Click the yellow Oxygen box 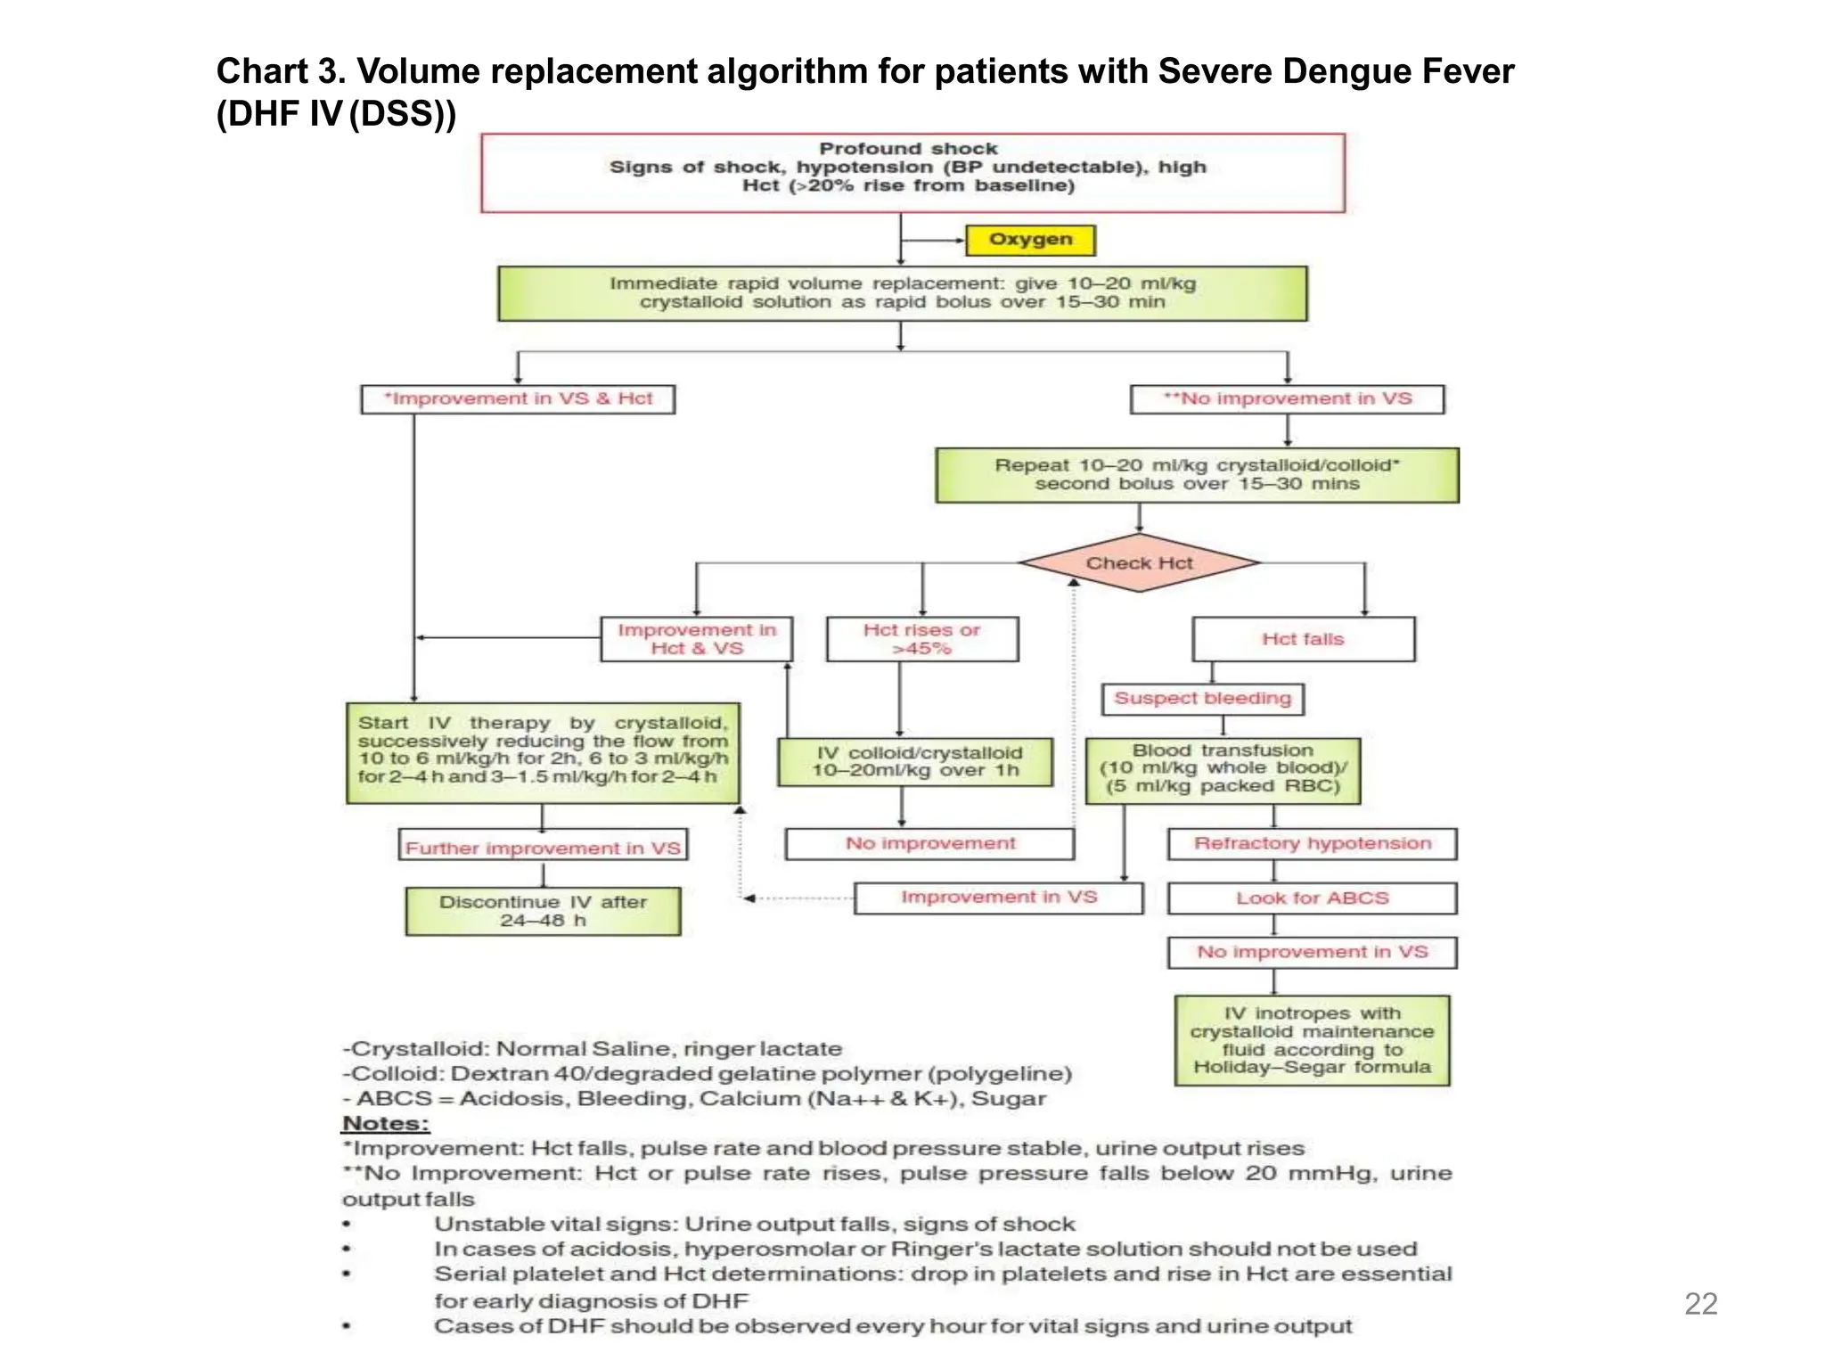[x=1030, y=240]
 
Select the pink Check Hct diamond [x=1139, y=563]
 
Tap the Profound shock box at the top [x=912, y=172]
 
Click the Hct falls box [x=1303, y=639]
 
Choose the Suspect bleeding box [x=1202, y=699]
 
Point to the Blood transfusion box [x=1223, y=770]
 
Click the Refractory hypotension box [x=1312, y=844]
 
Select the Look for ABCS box [x=1312, y=898]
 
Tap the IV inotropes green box [x=1312, y=1040]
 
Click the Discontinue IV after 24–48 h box [x=543, y=911]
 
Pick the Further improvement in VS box [x=543, y=847]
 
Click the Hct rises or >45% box [x=921, y=639]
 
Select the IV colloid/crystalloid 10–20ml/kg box [x=915, y=762]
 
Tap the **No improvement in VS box [x=1287, y=399]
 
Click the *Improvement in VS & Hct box [x=518, y=399]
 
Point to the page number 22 [x=1700, y=1304]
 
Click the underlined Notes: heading [x=385, y=1124]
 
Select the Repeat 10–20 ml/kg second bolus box [x=1197, y=475]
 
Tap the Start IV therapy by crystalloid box [x=543, y=751]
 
